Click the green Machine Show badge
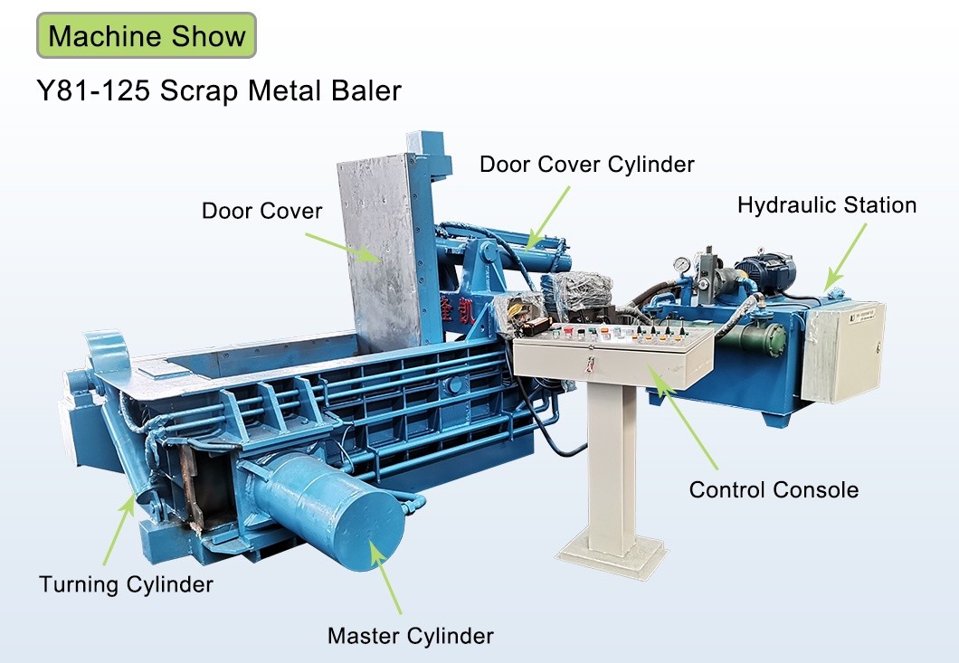(x=147, y=35)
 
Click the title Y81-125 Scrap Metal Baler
(x=219, y=91)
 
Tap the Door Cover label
(x=261, y=211)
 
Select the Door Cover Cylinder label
(x=587, y=165)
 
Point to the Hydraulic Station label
(x=827, y=205)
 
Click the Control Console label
(x=774, y=490)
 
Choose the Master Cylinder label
(x=411, y=636)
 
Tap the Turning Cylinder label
(x=126, y=584)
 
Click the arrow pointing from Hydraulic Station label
(x=845, y=257)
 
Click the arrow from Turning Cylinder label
(x=119, y=529)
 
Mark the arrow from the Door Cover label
(x=343, y=248)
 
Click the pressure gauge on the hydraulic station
(x=681, y=264)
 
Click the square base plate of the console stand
(x=612, y=553)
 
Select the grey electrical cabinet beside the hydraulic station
(x=843, y=352)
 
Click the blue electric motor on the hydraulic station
(x=764, y=271)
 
